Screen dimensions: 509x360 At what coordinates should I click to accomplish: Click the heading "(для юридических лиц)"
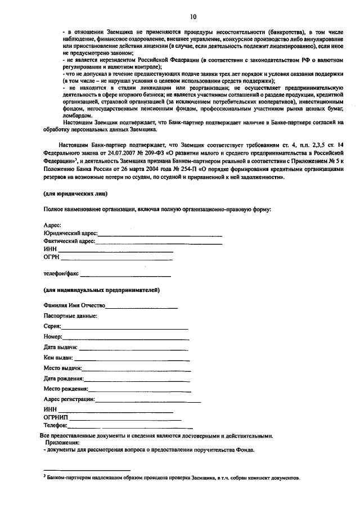coord(76,193)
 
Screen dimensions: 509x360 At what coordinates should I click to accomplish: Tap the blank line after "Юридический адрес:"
coord(160,233)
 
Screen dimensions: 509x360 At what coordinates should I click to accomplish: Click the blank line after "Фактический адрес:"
coord(159,243)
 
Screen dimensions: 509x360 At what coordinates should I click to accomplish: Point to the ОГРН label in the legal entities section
coord(51,259)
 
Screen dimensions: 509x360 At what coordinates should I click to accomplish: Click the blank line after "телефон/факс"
coord(125,274)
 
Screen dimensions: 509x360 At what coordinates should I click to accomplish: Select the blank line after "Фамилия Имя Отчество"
coord(142,307)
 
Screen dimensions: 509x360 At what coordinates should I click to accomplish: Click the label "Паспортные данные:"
coord(70,316)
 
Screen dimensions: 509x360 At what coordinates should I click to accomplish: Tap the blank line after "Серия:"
coord(124,327)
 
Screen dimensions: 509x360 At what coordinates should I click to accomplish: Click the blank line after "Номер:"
coord(125,337)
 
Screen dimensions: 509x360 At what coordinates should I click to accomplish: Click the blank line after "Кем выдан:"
coord(131,358)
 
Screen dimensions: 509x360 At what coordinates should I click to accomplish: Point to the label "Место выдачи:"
coord(62,368)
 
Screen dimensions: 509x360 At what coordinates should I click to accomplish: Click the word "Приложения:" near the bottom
coord(64,443)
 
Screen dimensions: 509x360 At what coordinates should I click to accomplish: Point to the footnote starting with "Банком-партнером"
coord(174,478)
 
